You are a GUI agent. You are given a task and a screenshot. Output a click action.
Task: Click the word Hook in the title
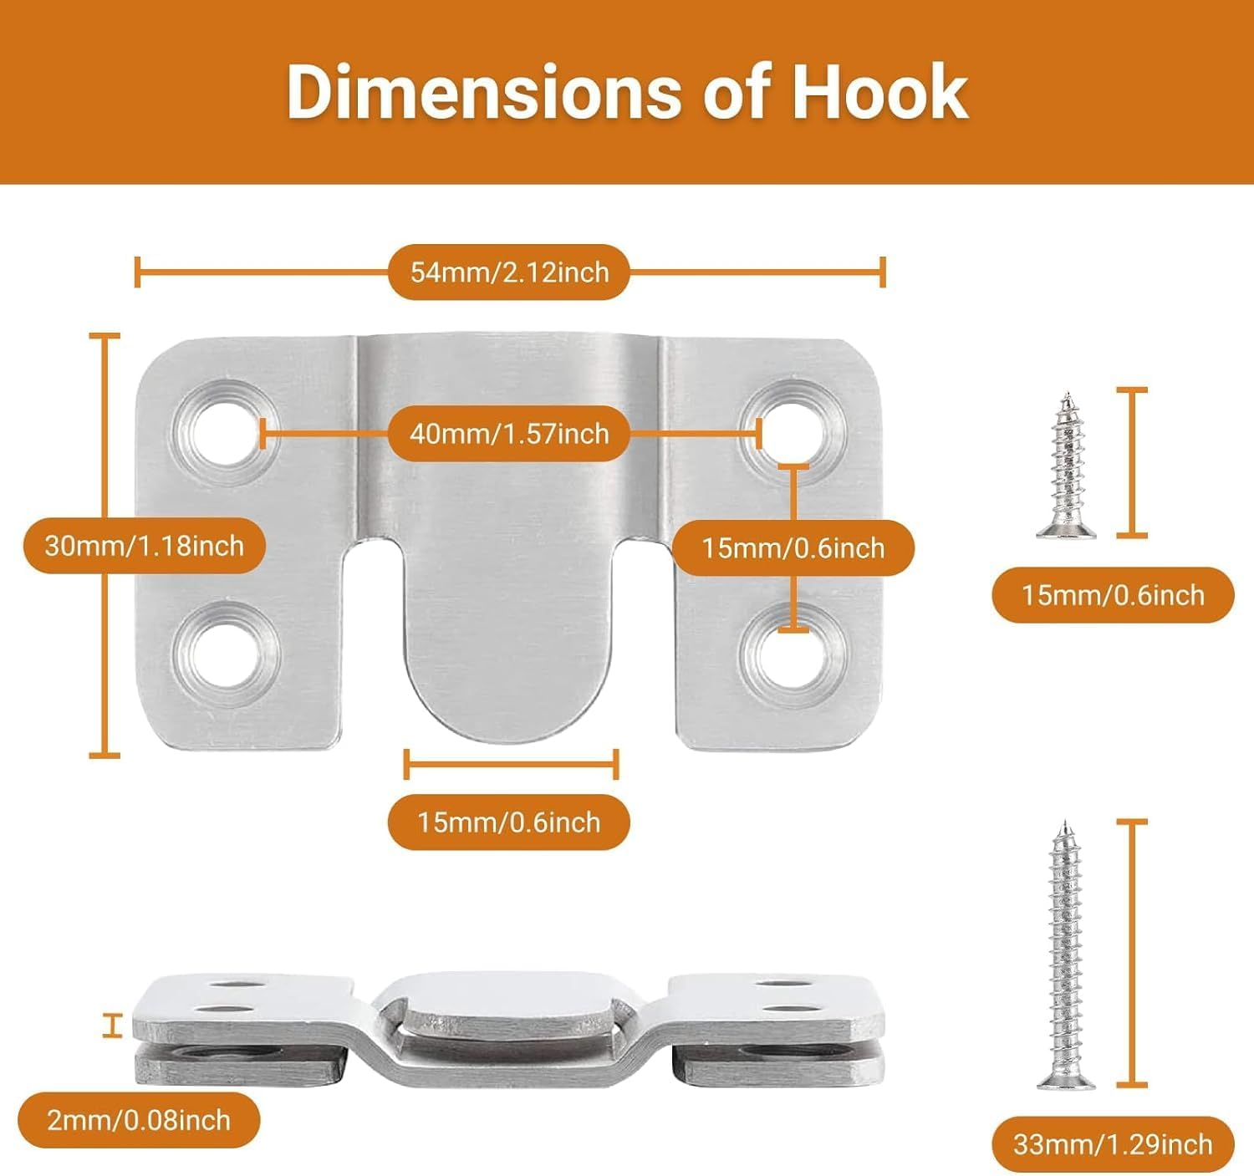[x=879, y=92]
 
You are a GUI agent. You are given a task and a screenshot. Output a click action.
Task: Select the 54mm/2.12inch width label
[x=509, y=272]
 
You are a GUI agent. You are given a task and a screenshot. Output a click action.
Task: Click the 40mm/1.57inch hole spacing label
[x=509, y=434]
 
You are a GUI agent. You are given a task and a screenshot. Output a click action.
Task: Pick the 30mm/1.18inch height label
[x=145, y=547]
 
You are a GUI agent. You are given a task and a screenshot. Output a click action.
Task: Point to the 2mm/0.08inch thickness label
[x=139, y=1120]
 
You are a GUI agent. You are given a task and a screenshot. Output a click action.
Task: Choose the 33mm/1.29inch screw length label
[x=1113, y=1143]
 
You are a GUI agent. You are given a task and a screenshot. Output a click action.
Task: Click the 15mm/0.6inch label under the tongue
[x=509, y=822]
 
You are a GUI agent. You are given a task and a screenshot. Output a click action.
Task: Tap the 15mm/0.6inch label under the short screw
[x=1113, y=595]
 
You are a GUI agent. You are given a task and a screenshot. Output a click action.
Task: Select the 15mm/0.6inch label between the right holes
[x=793, y=548]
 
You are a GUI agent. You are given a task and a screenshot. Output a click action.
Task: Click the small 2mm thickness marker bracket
[x=111, y=1026]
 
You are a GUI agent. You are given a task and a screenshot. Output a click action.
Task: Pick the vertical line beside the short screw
[x=1132, y=462]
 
